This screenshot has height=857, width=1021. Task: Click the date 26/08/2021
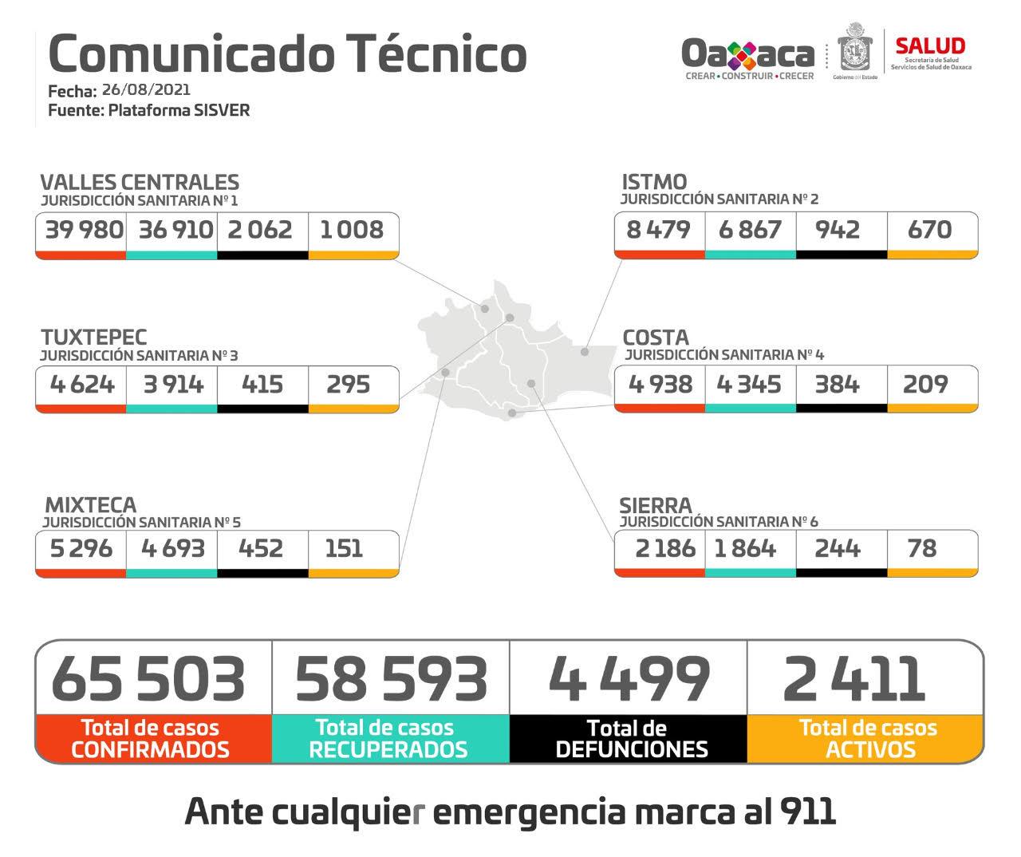[x=146, y=89]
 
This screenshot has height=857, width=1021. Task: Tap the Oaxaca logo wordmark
[x=747, y=54]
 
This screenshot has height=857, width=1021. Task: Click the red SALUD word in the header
[x=930, y=46]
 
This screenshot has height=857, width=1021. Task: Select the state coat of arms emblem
[x=855, y=50]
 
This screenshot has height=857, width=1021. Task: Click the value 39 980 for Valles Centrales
[x=84, y=230]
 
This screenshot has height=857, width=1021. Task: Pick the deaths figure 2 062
[x=260, y=230]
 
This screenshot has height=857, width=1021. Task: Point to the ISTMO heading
[x=654, y=181]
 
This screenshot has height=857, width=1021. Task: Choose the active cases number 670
[x=929, y=230]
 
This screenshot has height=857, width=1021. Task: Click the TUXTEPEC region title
[x=94, y=337]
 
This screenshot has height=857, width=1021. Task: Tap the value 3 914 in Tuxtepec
[x=173, y=385]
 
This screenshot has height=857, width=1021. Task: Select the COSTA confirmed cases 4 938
[x=660, y=385]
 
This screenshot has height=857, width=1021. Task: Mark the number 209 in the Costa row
[x=925, y=385]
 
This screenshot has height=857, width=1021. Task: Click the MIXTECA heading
[x=91, y=504]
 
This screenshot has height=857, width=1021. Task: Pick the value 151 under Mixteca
[x=344, y=548]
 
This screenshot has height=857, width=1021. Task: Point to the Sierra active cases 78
[x=921, y=548]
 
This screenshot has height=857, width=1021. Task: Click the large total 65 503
[x=148, y=679]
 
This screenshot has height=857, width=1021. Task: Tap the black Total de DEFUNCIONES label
[x=630, y=739]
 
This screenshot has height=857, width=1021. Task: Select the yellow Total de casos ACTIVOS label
[x=868, y=739]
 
